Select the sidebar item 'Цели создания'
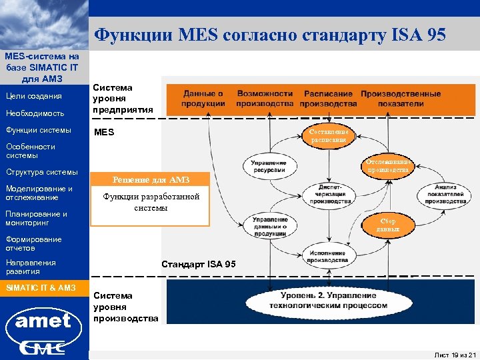34,97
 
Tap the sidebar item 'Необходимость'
35,113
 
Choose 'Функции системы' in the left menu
38,130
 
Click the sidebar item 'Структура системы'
41,173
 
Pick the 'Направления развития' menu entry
31,267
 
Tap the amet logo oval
43,321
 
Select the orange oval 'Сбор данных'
388,225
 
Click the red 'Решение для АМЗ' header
151,180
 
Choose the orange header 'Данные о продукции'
203,98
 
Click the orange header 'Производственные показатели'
401,98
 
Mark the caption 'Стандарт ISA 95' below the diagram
199,264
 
